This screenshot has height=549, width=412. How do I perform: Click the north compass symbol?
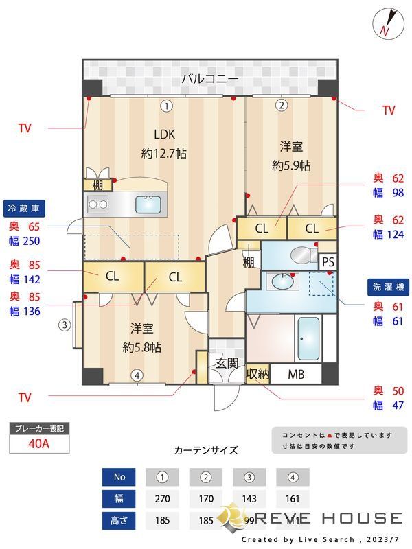(x=385, y=23)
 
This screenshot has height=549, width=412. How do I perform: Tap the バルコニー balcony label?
(x=210, y=79)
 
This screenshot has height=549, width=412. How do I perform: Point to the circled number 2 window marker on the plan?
(x=281, y=106)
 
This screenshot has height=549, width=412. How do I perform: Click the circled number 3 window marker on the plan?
(x=64, y=325)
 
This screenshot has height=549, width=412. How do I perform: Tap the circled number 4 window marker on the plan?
(x=137, y=375)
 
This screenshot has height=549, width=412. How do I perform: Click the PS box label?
(x=328, y=261)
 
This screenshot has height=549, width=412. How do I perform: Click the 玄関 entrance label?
(x=227, y=363)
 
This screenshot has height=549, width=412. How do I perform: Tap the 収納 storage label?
(x=258, y=374)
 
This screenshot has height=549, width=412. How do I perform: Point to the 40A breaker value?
(x=39, y=443)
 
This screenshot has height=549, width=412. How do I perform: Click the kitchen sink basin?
(x=148, y=204)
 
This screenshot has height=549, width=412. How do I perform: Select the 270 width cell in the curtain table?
(x=162, y=499)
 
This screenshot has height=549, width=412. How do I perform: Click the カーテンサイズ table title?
(x=206, y=450)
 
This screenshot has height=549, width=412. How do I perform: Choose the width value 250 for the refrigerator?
(x=31, y=241)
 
